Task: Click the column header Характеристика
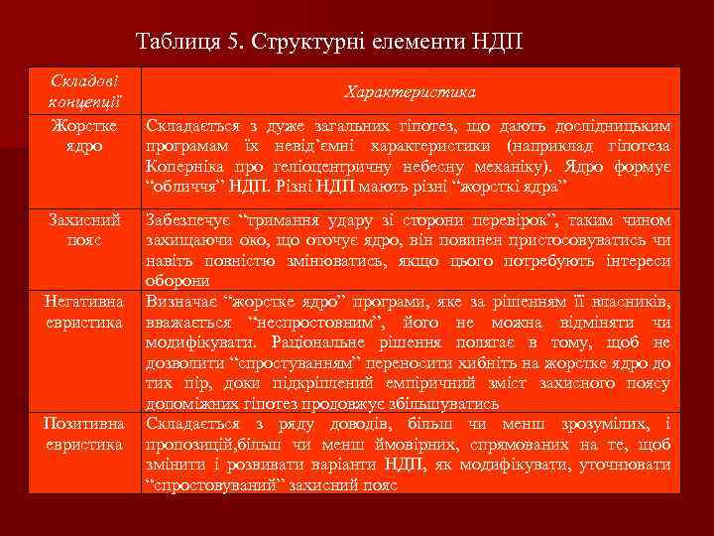(x=410, y=91)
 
